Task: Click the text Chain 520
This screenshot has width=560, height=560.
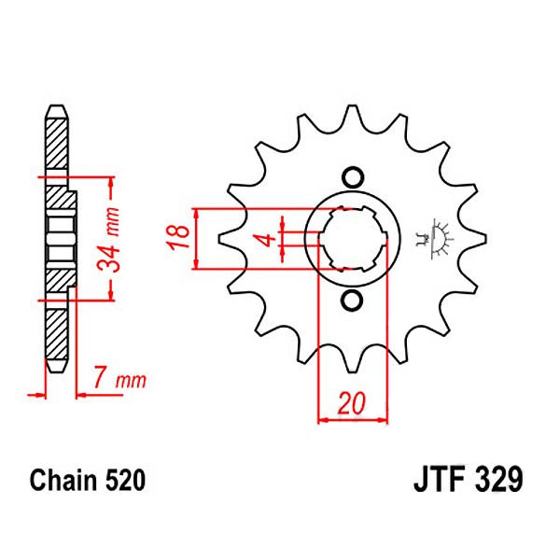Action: tap(87, 482)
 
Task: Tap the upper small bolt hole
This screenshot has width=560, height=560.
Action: tap(352, 176)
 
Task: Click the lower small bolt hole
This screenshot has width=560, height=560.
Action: tap(352, 300)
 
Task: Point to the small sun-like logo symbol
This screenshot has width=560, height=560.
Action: tap(436, 238)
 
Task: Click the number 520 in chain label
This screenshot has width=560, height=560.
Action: tap(125, 482)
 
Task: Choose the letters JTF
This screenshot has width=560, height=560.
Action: tap(435, 482)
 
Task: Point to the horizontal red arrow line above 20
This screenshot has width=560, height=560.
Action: tap(351, 420)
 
